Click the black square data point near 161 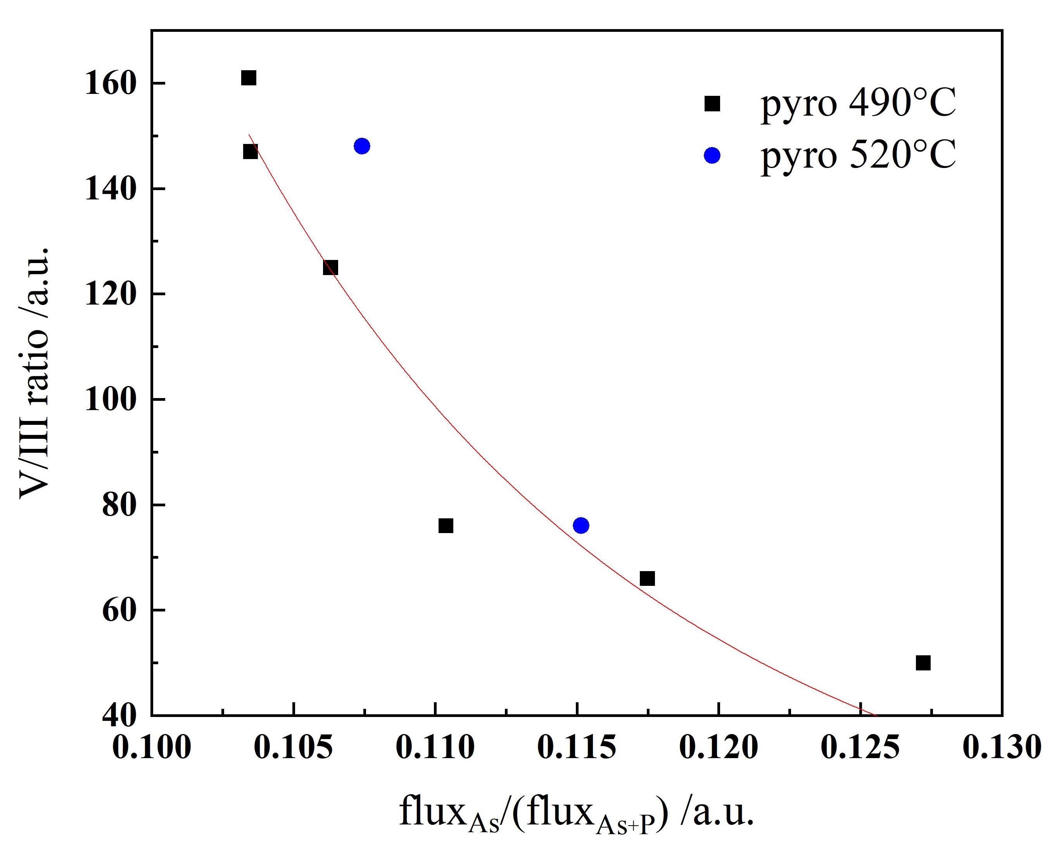click(249, 78)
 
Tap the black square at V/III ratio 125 click(330, 268)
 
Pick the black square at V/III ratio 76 click(446, 526)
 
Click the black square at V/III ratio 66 click(648, 579)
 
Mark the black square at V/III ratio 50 click(923, 663)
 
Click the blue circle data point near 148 click(361, 146)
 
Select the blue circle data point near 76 click(580, 525)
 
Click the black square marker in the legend click(712, 104)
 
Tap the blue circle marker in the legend click(712, 155)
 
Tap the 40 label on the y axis click(118, 716)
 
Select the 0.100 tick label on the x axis click(151, 747)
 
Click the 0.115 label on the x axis click(577, 747)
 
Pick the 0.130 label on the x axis click(1002, 747)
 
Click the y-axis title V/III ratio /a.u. click(35, 372)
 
